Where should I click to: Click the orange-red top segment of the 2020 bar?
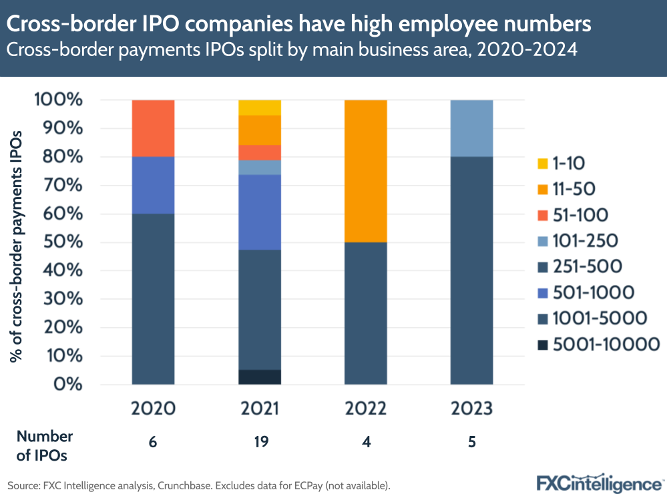tap(154, 128)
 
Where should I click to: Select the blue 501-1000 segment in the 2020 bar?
tap(154, 185)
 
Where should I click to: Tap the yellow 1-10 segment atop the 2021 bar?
tap(260, 107)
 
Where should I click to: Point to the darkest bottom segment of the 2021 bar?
tap(260, 377)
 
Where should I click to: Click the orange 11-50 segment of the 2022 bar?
tap(366, 171)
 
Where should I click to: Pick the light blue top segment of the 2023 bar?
tap(472, 128)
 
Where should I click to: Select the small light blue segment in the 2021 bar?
tap(260, 168)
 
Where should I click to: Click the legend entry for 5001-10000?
tap(598, 344)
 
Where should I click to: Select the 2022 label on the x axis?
tap(366, 408)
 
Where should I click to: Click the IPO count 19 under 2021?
tap(260, 442)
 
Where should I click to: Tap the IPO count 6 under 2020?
tap(154, 442)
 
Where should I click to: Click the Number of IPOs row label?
tap(44, 446)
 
